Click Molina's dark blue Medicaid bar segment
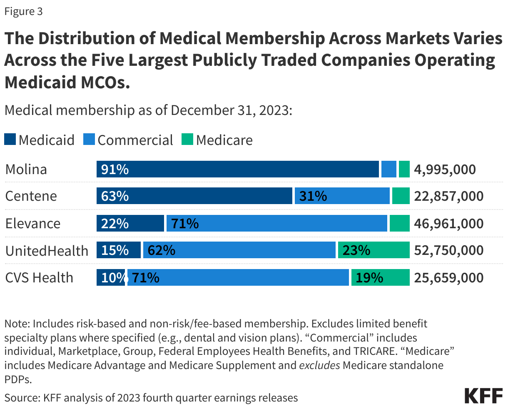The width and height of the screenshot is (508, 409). click(238, 170)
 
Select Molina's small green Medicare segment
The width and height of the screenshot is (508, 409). click(404, 170)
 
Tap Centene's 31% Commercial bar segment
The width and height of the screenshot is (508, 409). click(342, 196)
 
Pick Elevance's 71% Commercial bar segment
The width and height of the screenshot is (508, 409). click(276, 224)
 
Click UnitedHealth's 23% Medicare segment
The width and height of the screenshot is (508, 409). click(374, 250)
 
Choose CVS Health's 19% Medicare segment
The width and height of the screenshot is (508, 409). click(380, 278)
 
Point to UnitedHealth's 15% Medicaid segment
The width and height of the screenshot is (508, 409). click(119, 250)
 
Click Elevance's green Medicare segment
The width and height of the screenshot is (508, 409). click(399, 224)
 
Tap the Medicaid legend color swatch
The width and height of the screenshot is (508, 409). click(10, 140)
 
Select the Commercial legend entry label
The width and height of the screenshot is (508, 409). click(135, 140)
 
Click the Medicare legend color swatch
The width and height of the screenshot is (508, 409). click(187, 140)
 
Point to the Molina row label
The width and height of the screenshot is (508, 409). click(26, 170)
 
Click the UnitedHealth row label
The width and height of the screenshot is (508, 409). click(47, 251)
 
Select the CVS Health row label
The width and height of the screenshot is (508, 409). click(39, 278)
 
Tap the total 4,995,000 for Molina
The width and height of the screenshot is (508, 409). click(445, 170)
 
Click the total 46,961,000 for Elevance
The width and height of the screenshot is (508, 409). click(448, 224)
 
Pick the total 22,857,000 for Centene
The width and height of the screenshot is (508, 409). click(448, 196)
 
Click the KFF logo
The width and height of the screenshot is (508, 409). click(483, 396)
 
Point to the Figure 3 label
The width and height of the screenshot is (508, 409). click(24, 11)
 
